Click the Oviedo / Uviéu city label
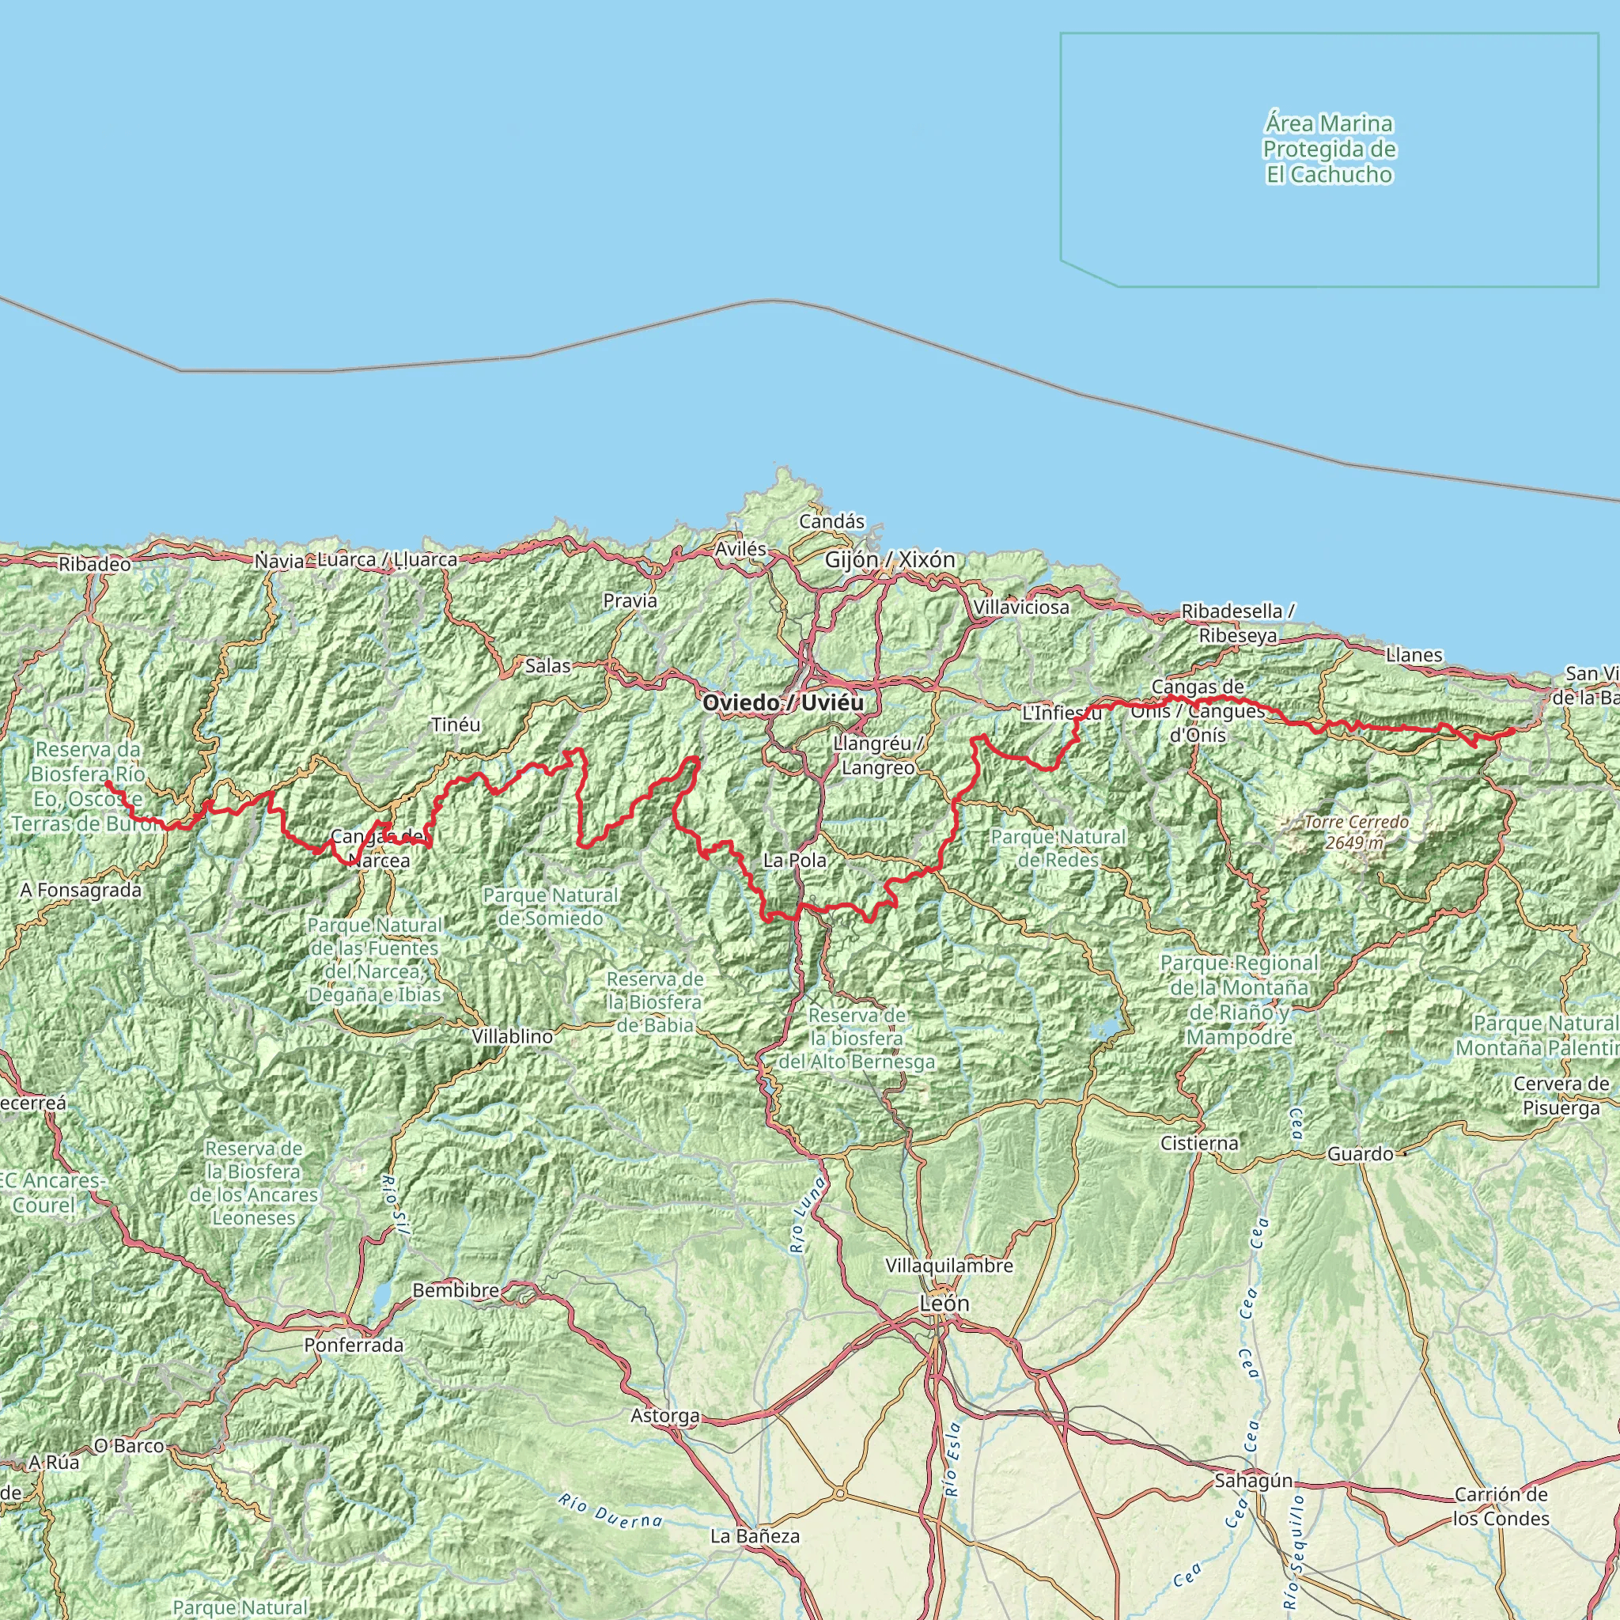[x=782, y=702]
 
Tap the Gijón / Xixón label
[x=890, y=559]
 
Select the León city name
[x=944, y=1303]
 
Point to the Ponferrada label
[x=353, y=1345]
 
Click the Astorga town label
[x=665, y=1415]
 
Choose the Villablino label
[x=513, y=1036]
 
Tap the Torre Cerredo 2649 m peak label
[x=1356, y=832]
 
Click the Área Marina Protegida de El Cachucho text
[x=1329, y=150]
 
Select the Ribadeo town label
[x=95, y=564]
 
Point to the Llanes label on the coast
[x=1414, y=655]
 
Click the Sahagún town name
[x=1254, y=1482]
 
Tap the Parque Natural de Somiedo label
[x=551, y=907]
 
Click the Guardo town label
[x=1360, y=1155]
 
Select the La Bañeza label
[x=755, y=1536]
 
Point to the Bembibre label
[x=456, y=1290]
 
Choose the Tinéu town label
[x=456, y=725]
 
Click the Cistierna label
[x=1199, y=1143]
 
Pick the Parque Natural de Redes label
[x=1058, y=849]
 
